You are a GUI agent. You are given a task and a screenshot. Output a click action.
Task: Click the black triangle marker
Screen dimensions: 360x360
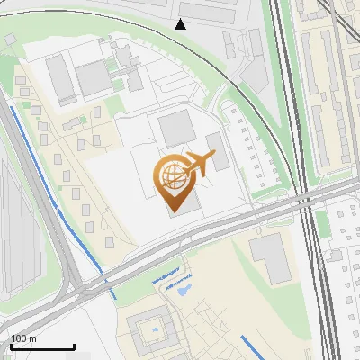pyautogui.click(x=181, y=23)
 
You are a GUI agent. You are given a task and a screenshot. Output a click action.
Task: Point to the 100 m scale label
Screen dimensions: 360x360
pyautogui.click(x=23, y=338)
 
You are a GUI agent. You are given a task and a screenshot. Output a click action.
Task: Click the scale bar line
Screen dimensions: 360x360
pyautogui.click(x=42, y=346)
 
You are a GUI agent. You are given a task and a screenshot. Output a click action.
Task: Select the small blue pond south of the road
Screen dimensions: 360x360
pyautogui.click(x=183, y=289)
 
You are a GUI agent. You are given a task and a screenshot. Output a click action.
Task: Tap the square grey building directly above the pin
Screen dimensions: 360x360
pyautogui.click(x=175, y=130)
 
